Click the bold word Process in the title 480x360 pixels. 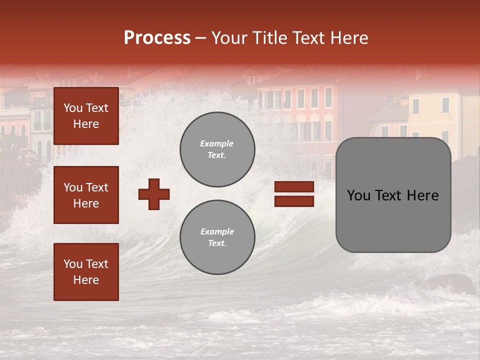[x=157, y=37]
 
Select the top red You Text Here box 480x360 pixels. [x=86, y=116]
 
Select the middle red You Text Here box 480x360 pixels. [x=86, y=195]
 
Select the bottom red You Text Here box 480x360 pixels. [x=86, y=271]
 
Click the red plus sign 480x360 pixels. [x=154, y=194]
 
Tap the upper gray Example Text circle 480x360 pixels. [x=217, y=149]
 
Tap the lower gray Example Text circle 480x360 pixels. [x=217, y=237]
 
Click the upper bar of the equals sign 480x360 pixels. [x=294, y=186]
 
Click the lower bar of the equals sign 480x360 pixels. [x=294, y=201]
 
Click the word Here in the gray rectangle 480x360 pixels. [x=422, y=195]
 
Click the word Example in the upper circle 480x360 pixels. [x=216, y=143]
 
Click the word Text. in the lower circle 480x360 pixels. [x=217, y=243]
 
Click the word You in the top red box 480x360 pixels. [x=73, y=108]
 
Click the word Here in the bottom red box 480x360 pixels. [x=86, y=280]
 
